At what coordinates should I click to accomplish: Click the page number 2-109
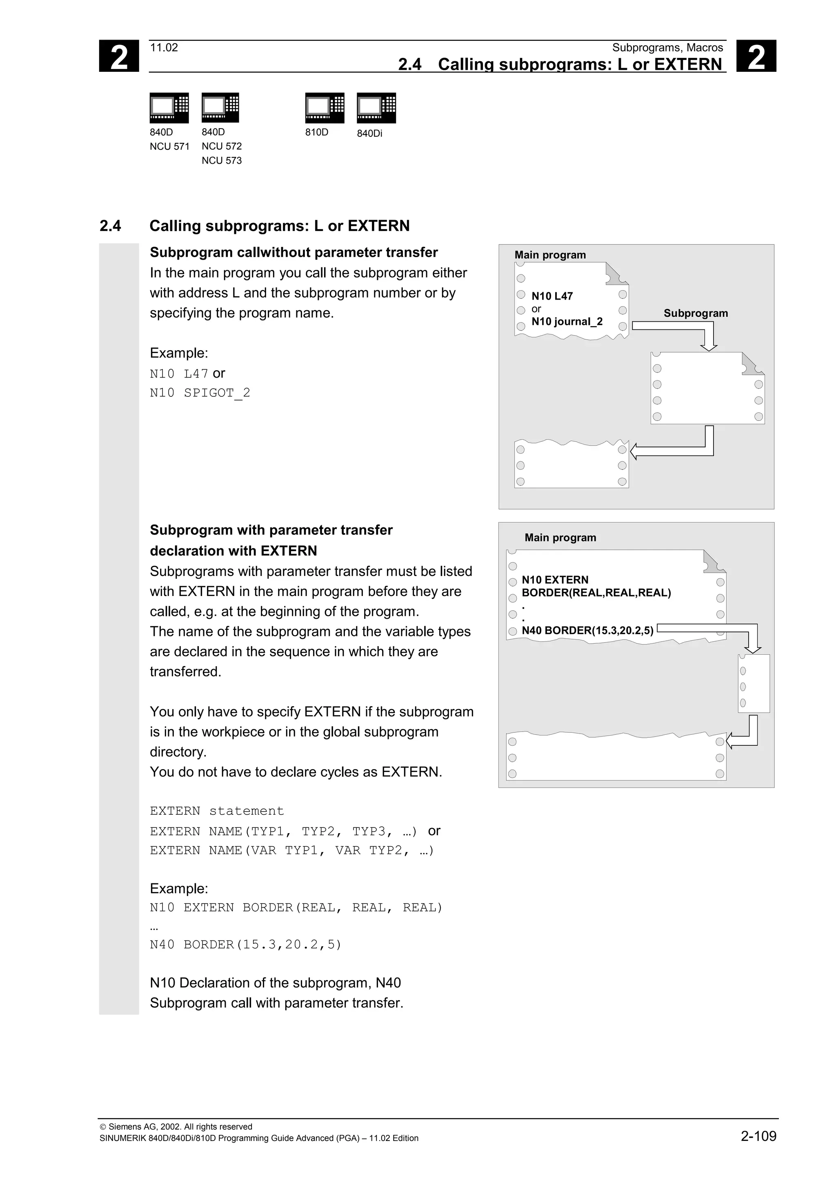[758, 1136]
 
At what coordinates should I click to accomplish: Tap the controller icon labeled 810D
[325, 108]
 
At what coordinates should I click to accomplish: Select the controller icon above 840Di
[376, 108]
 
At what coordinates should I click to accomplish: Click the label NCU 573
[222, 161]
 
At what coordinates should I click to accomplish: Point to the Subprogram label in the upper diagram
[696, 313]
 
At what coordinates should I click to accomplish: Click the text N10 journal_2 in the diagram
[567, 322]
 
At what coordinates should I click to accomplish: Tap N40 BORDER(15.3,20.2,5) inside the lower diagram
[587, 630]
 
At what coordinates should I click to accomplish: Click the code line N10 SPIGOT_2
[200, 393]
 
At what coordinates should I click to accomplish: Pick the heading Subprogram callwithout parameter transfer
[293, 252]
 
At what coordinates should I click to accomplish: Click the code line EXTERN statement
[217, 811]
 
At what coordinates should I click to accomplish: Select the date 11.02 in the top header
[164, 48]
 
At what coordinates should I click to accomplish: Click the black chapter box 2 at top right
[756, 56]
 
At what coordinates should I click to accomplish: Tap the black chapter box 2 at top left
[119, 56]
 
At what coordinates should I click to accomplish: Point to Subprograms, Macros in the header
[667, 48]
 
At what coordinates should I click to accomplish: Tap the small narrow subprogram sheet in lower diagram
[754, 683]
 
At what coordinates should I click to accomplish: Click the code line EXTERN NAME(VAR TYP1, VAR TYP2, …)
[292, 850]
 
